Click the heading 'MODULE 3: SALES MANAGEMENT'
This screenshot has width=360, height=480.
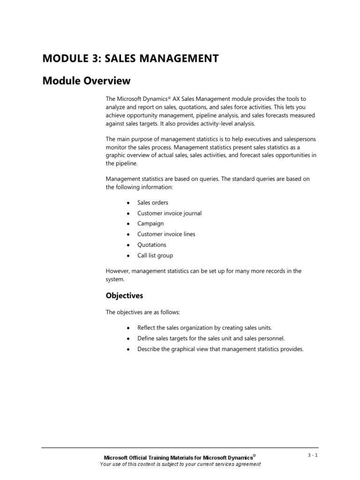click(130, 59)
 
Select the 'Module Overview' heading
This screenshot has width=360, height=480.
click(86, 81)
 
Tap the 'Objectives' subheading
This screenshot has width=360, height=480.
click(124, 296)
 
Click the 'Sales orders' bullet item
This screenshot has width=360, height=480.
click(152, 202)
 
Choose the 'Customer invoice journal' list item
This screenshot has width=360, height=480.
click(169, 213)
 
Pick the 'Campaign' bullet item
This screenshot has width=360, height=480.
click(150, 224)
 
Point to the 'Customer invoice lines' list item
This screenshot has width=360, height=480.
click(166, 234)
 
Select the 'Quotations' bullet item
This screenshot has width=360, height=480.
click(151, 245)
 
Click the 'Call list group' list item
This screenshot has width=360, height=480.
click(155, 255)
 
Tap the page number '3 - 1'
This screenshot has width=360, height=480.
click(312, 455)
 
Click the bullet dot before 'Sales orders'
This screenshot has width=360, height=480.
click(128, 203)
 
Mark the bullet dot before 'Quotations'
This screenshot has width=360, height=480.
click(128, 245)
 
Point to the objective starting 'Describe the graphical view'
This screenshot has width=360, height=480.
click(220, 349)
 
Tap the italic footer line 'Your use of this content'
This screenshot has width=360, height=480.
click(180, 464)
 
